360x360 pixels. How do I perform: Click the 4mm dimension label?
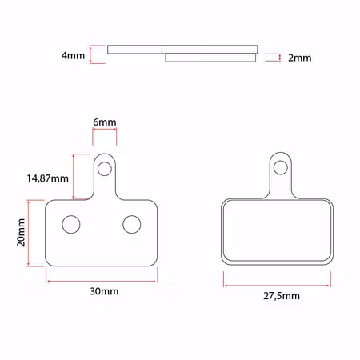73,55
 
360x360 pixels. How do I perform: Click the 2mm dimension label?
299,58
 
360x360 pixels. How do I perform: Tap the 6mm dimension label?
105,122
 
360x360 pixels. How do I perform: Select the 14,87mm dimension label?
47,178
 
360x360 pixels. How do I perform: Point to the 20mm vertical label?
21,233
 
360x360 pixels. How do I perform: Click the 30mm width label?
104,291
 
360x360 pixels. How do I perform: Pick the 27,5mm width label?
282,296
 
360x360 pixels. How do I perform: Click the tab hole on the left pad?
105,169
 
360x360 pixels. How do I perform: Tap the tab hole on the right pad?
281,167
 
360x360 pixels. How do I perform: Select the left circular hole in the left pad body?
71,224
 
